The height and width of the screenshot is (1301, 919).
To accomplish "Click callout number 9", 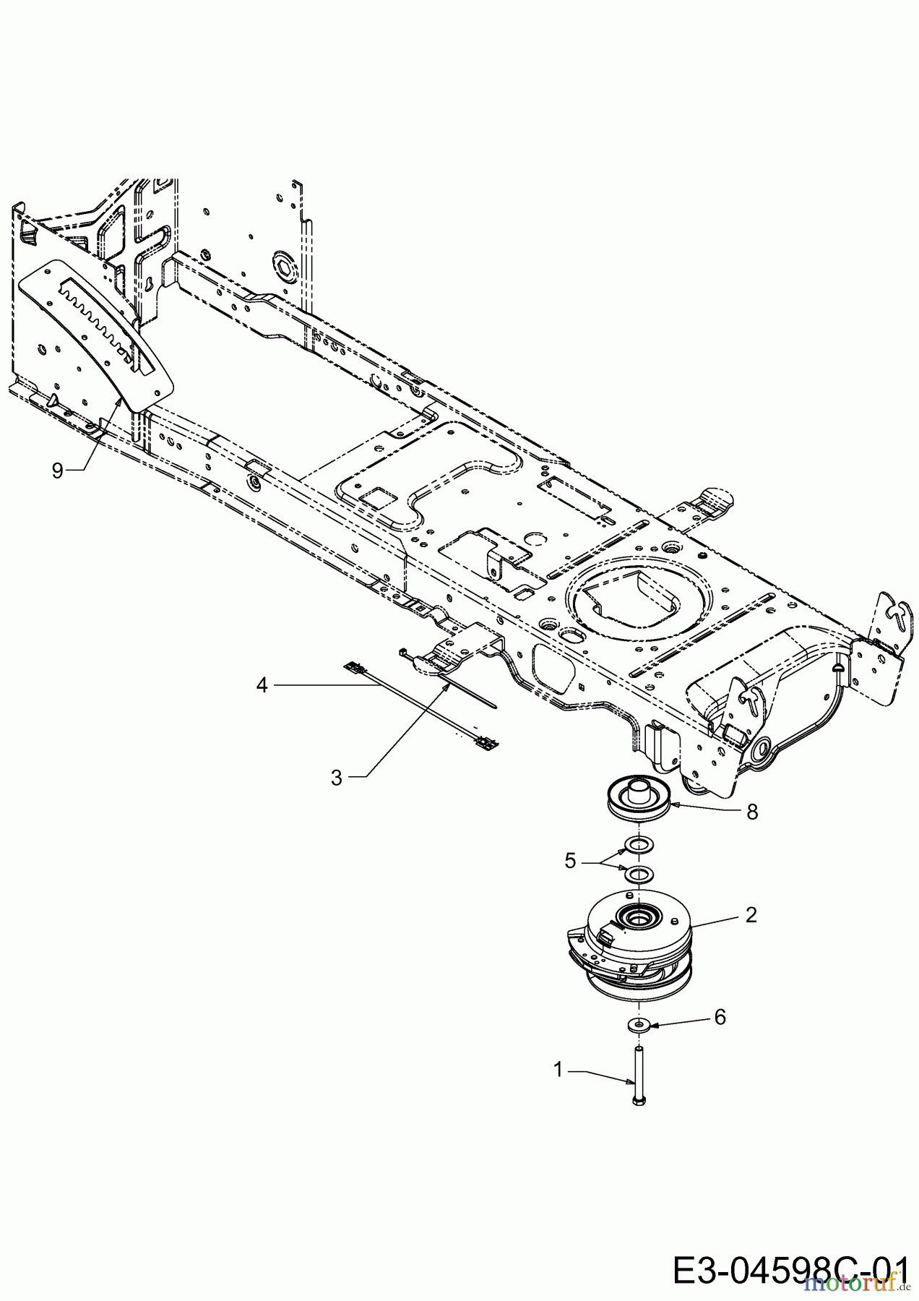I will (57, 471).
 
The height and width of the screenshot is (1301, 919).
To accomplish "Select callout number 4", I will (262, 684).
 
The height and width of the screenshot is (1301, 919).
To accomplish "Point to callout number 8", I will (752, 812).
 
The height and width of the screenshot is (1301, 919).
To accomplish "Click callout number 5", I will (571, 861).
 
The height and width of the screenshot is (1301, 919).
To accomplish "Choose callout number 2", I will (751, 915).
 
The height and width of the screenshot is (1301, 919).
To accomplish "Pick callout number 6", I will (719, 1017).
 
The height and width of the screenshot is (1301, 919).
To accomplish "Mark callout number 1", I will (558, 1070).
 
